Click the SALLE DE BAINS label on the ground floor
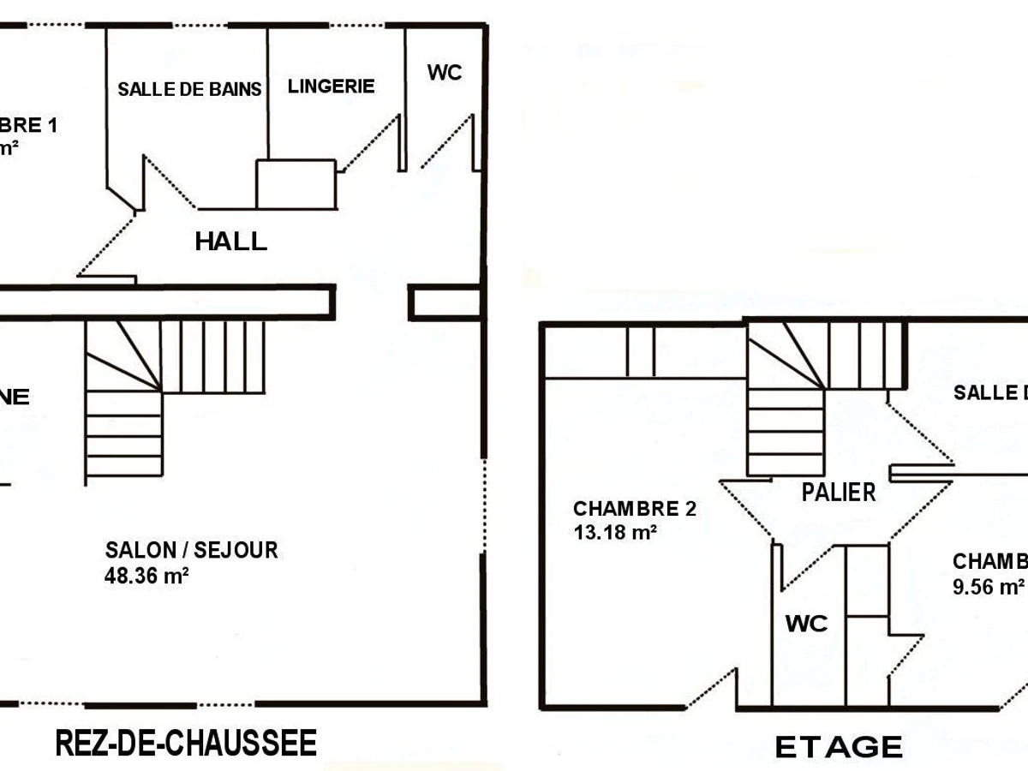(x=189, y=89)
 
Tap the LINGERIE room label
(x=331, y=86)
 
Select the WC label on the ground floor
(x=445, y=73)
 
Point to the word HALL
(x=230, y=242)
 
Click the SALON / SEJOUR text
(x=191, y=550)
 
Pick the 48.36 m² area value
(x=146, y=576)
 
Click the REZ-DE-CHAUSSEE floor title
(x=186, y=743)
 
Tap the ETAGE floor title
(x=839, y=747)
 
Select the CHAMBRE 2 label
(x=634, y=510)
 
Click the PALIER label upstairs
(x=839, y=492)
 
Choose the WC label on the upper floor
(x=806, y=624)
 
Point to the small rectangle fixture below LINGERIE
(x=296, y=183)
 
